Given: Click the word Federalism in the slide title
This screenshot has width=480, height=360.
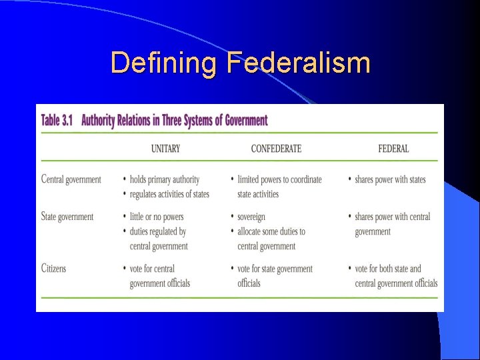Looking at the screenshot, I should (x=298, y=63).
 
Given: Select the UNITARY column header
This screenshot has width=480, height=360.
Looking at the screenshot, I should (x=165, y=148).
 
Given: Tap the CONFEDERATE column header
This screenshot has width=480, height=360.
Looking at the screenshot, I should (x=276, y=148).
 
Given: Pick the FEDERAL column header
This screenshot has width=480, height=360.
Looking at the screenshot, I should (x=393, y=148).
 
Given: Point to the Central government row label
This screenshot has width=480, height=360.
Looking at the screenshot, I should (x=71, y=179).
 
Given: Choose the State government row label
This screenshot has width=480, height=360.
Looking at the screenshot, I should (x=67, y=217).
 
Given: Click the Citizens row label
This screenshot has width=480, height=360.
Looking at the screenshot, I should (x=54, y=269).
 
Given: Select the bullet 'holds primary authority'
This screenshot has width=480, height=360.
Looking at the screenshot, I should (x=164, y=179).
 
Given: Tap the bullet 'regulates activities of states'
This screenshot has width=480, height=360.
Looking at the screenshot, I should (x=169, y=194).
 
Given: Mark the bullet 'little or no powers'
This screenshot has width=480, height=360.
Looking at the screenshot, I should (x=157, y=217).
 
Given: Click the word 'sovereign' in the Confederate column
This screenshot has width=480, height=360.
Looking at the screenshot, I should (x=251, y=217).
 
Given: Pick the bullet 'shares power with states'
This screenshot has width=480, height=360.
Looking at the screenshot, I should (x=390, y=179).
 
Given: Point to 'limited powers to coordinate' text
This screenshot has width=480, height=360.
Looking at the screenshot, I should (x=279, y=179).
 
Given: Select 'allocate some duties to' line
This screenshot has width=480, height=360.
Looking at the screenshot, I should (x=271, y=231).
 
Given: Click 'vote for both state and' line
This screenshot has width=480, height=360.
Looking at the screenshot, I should (x=388, y=269).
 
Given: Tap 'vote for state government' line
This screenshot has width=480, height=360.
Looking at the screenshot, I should (x=275, y=269).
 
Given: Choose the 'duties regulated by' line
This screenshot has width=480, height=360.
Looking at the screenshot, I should (x=158, y=231).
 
